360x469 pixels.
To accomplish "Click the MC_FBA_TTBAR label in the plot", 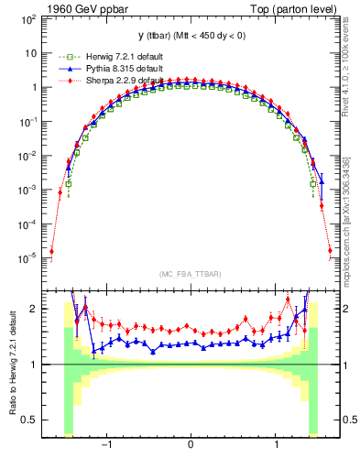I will tap(190, 275).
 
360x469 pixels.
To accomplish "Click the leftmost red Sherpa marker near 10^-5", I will tap(52, 251).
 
